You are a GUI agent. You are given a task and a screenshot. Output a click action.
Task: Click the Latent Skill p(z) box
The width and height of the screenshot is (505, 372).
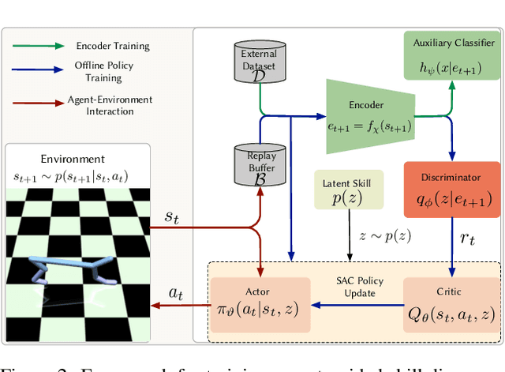click(347, 190)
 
